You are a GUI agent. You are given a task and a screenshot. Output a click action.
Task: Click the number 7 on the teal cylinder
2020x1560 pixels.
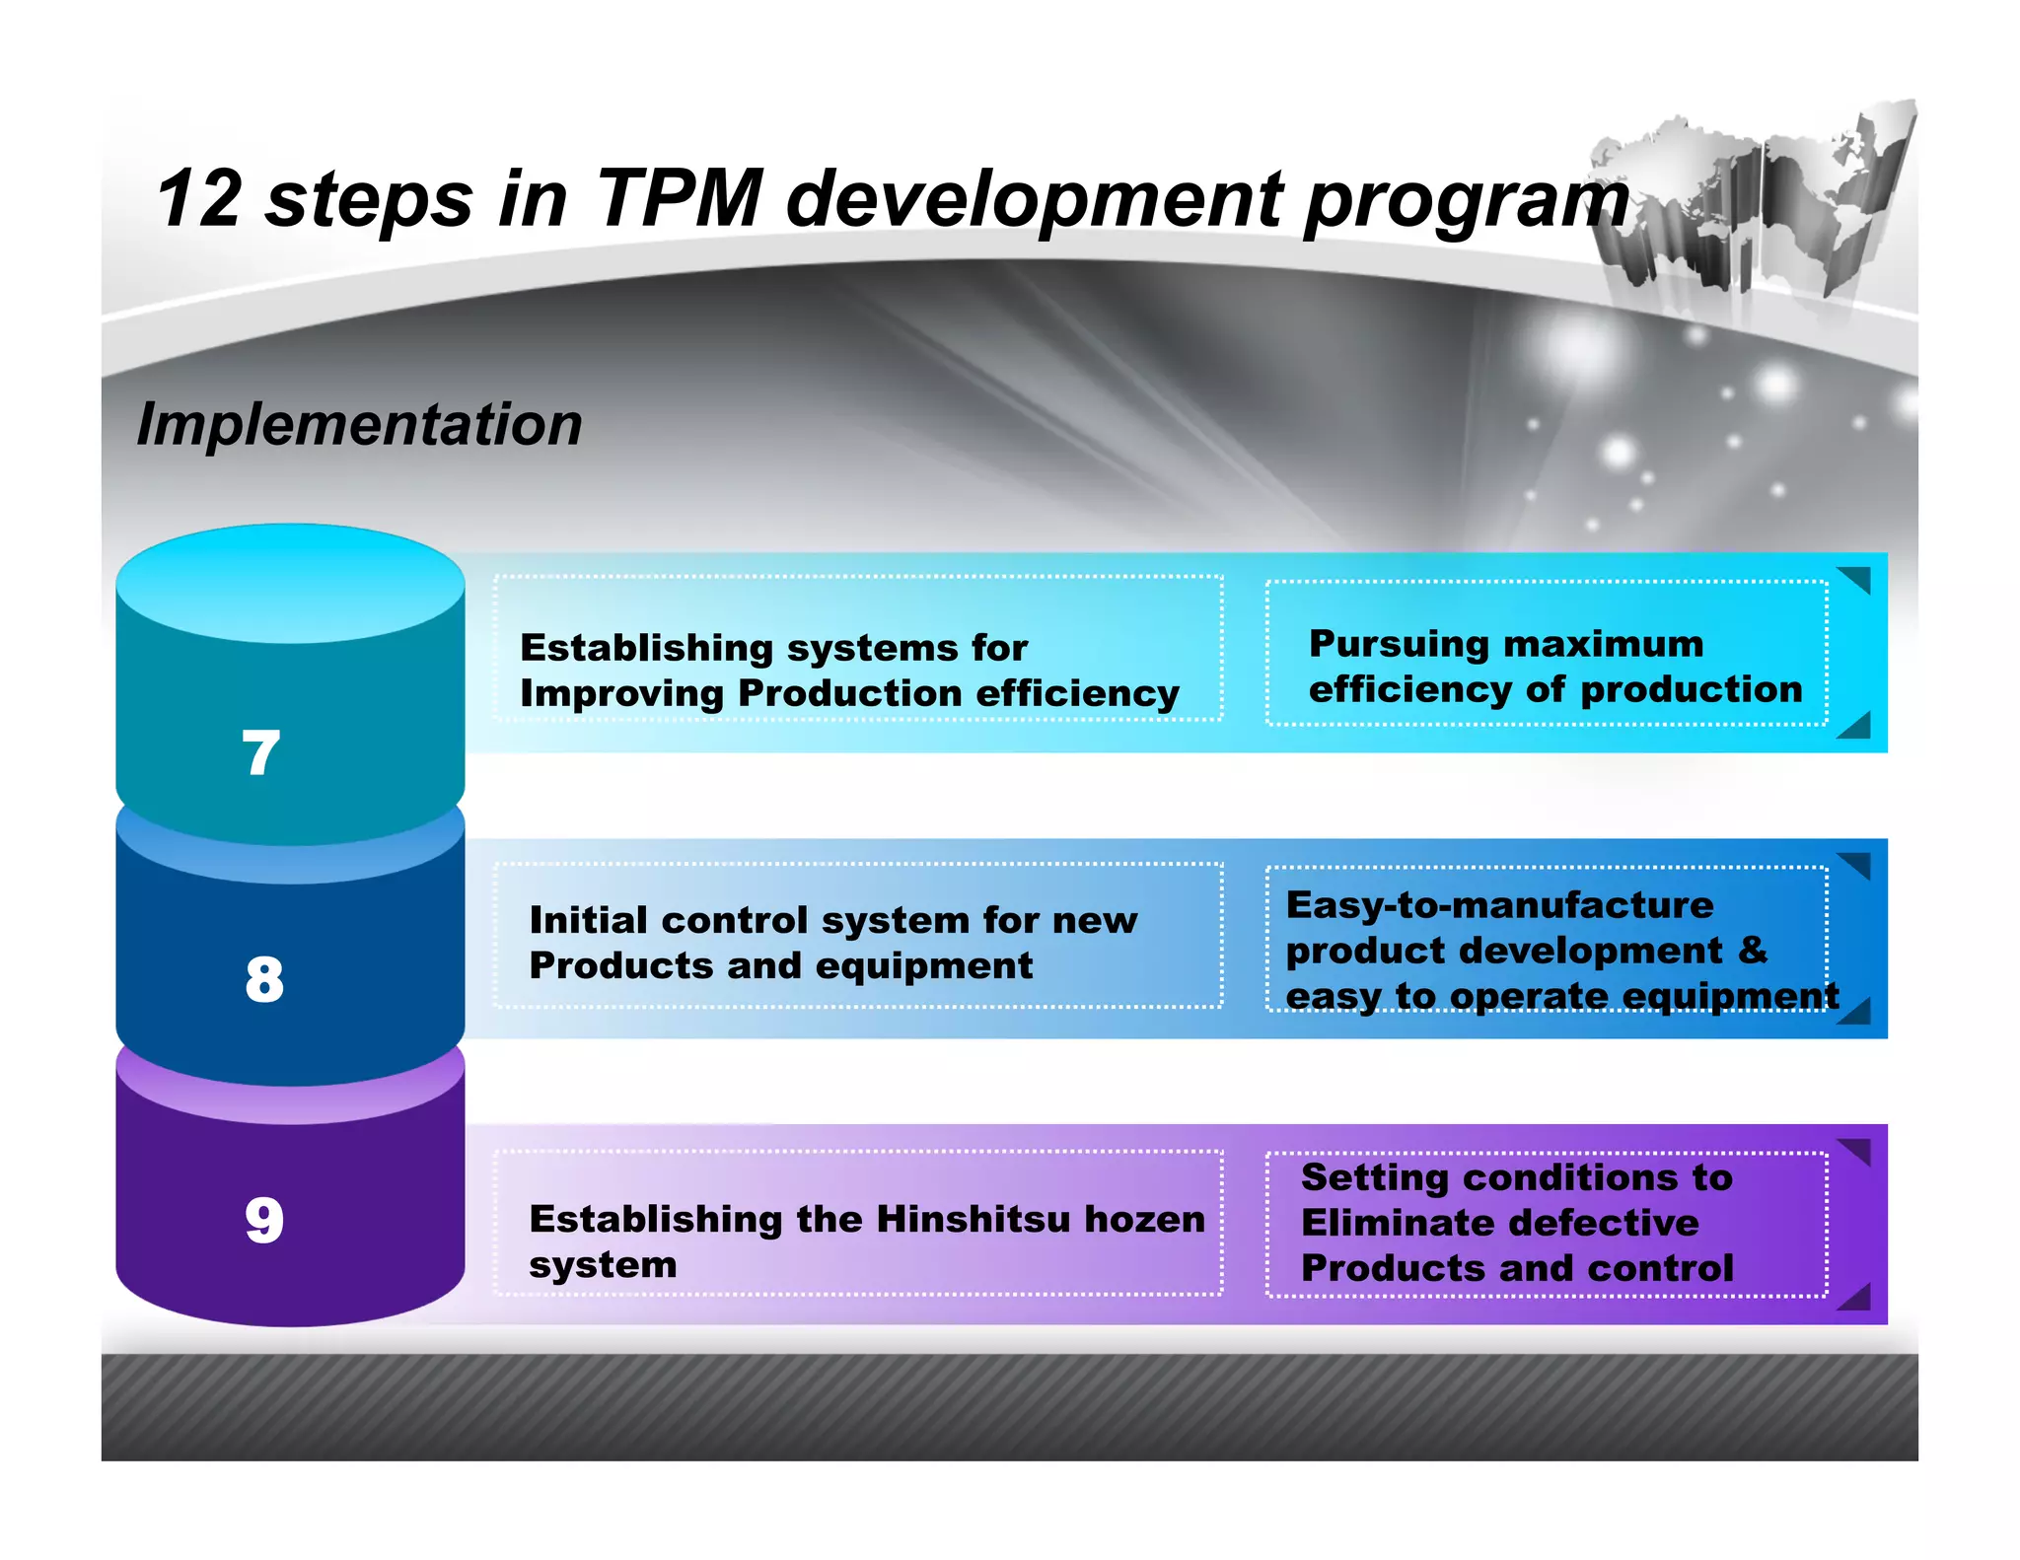261,753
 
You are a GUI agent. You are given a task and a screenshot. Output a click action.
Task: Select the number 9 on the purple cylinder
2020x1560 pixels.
264,1220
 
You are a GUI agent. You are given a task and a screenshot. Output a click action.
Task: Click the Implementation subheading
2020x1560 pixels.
359,424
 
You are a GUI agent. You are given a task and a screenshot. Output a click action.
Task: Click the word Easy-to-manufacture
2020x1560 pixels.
1499,905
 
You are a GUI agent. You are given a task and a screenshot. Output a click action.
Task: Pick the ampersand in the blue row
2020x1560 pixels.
1753,950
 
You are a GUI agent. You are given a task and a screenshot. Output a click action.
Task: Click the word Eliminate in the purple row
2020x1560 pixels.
1402,1223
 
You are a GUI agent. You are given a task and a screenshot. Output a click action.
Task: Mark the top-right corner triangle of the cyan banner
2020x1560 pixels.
1857,578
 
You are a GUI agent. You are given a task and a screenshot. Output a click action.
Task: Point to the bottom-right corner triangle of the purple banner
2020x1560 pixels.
1857,1299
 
